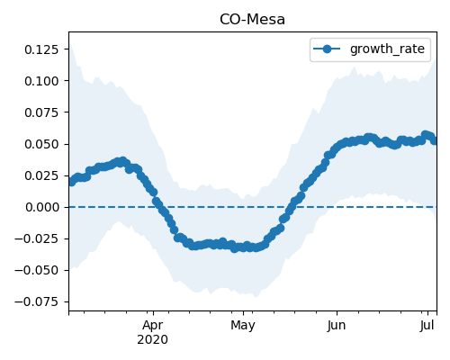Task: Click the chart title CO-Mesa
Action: point(252,20)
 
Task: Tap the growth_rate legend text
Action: point(387,49)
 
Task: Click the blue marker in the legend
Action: point(327,49)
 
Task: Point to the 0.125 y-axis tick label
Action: point(41,49)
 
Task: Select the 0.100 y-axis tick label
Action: point(41,81)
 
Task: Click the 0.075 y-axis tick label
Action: point(41,112)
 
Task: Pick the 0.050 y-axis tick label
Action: point(41,144)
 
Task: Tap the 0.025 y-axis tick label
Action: point(41,175)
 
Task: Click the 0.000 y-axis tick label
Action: point(41,207)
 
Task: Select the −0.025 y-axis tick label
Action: point(36,238)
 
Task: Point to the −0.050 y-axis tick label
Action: point(36,270)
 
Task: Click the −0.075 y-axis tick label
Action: point(36,301)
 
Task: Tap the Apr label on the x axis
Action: point(153,326)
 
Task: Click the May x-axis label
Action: point(243,326)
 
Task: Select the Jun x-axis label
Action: point(337,326)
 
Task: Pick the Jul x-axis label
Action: point(427,325)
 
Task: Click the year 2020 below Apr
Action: point(152,340)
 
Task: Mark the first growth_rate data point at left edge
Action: point(71,182)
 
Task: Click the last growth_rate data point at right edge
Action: point(435,140)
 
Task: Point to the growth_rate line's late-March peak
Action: point(122,161)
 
